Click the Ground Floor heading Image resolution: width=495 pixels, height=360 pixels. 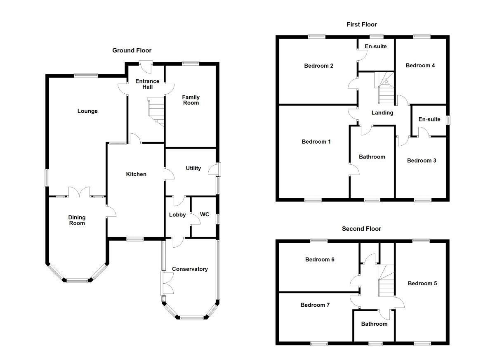point(132,50)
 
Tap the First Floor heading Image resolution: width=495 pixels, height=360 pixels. point(361,25)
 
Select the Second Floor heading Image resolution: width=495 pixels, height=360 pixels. point(361,229)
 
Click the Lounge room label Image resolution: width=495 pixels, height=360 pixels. point(87,111)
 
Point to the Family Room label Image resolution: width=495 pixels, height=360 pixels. point(191,100)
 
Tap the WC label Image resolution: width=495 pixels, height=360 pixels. point(205,215)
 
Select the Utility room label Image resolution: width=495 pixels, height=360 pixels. point(193,168)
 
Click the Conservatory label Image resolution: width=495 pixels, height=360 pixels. point(190,269)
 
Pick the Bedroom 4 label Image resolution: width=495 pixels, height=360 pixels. point(420,66)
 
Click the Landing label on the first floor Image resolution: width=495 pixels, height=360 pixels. point(382,113)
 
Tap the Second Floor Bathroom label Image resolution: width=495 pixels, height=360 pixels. point(374,324)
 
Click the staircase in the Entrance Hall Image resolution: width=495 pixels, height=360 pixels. point(156,111)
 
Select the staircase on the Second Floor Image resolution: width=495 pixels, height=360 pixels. point(387,281)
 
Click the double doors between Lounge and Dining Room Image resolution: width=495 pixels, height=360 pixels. point(79,193)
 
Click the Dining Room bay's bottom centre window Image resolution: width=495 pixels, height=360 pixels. point(78,281)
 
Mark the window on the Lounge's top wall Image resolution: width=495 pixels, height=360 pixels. point(86,76)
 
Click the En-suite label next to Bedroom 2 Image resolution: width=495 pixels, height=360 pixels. point(376,47)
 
